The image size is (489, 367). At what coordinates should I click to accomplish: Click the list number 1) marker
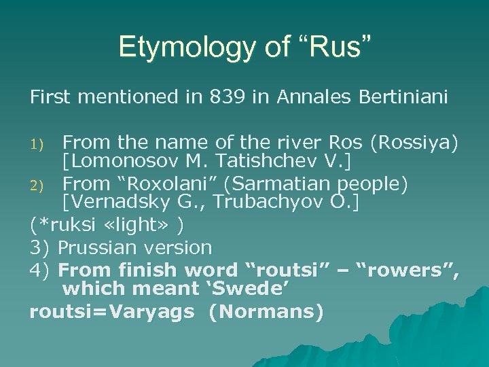point(38,143)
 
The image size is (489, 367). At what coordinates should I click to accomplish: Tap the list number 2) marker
point(38,183)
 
